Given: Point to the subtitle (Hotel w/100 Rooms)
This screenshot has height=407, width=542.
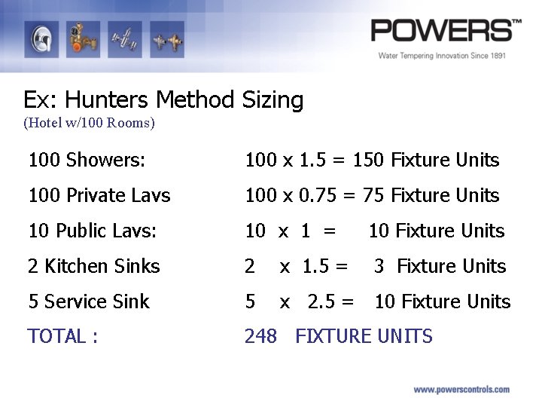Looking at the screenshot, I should [x=89, y=122].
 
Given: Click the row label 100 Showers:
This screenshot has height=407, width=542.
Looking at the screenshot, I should [x=87, y=160].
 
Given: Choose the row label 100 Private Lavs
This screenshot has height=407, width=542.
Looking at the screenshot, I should [x=99, y=195].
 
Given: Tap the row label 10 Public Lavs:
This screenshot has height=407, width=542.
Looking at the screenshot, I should [x=93, y=231].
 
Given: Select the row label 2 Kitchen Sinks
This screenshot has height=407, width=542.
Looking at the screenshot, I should [x=94, y=266].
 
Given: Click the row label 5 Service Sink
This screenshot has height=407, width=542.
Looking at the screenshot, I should [x=89, y=301].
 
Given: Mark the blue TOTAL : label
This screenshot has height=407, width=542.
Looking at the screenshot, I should [x=62, y=336].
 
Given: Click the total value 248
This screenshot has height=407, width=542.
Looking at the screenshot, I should [x=260, y=336].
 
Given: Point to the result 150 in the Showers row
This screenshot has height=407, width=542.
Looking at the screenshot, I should [x=369, y=160].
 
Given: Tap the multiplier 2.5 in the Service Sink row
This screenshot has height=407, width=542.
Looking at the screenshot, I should [x=321, y=301].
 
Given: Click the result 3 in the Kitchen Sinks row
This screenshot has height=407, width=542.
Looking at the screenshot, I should [x=379, y=266].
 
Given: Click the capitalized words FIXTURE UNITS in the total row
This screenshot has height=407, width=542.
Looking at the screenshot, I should [x=364, y=336].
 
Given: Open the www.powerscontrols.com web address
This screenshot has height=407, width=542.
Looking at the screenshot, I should [x=461, y=390].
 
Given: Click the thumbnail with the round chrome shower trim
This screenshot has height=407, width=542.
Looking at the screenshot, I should [x=41, y=39].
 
